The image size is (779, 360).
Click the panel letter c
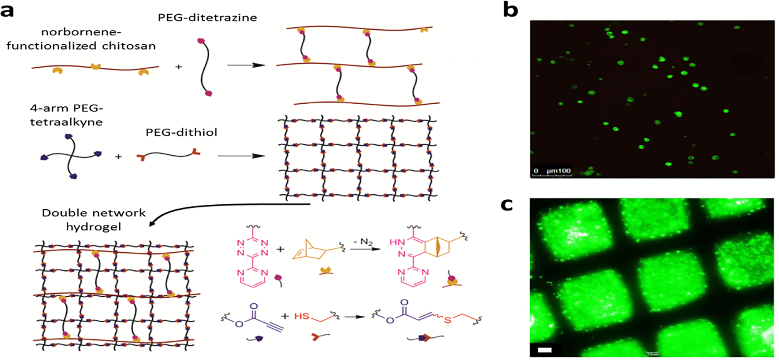click(x=507, y=204)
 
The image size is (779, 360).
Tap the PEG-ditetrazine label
click(x=207, y=17)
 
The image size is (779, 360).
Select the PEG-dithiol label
click(x=181, y=132)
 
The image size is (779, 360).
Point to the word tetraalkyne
click(x=66, y=122)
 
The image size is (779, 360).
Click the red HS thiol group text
click(x=302, y=316)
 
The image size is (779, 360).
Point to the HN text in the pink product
click(x=397, y=242)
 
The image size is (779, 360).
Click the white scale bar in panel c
click(x=545, y=350)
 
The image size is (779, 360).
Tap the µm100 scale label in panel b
click(x=558, y=171)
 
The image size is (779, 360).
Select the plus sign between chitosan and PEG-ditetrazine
click(x=178, y=67)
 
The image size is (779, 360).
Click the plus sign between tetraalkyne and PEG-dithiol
click(x=118, y=157)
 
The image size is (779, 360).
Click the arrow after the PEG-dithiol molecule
click(x=241, y=156)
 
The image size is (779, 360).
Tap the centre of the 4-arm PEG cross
click(x=71, y=156)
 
